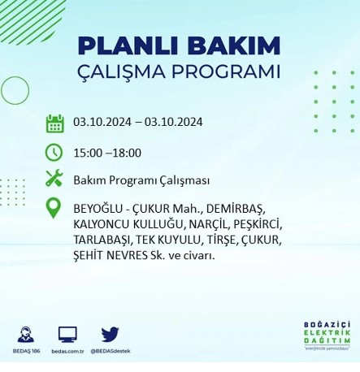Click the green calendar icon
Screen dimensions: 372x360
pyautogui.click(x=54, y=123)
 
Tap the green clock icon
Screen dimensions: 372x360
pyautogui.click(x=54, y=151)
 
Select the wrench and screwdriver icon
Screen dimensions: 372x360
pyautogui.click(x=54, y=178)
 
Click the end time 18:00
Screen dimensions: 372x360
pyautogui.click(x=126, y=152)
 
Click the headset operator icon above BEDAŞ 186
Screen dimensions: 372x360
pyautogui.click(x=25, y=333)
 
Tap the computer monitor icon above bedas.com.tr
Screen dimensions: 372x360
pyautogui.click(x=67, y=333)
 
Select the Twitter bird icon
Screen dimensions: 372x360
pyautogui.click(x=111, y=333)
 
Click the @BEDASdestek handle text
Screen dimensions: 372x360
pyautogui.click(x=111, y=351)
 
